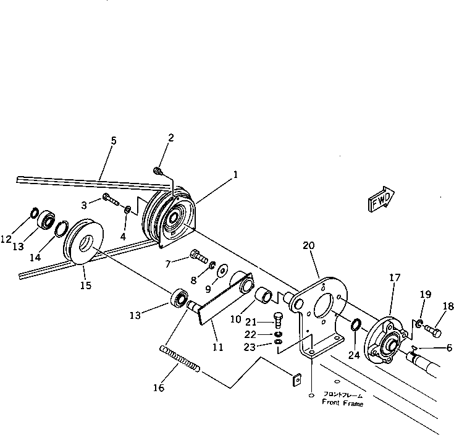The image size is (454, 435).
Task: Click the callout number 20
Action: [x=308, y=245]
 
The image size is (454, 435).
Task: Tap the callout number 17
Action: [x=394, y=279]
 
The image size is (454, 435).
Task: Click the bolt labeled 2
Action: [x=158, y=171]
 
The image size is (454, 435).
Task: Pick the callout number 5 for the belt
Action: [x=113, y=141]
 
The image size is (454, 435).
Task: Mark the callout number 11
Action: [x=218, y=347]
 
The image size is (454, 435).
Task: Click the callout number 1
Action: [x=235, y=175]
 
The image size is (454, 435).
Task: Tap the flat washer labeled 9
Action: [x=221, y=271]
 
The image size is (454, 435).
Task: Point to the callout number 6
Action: [x=440, y=348]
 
